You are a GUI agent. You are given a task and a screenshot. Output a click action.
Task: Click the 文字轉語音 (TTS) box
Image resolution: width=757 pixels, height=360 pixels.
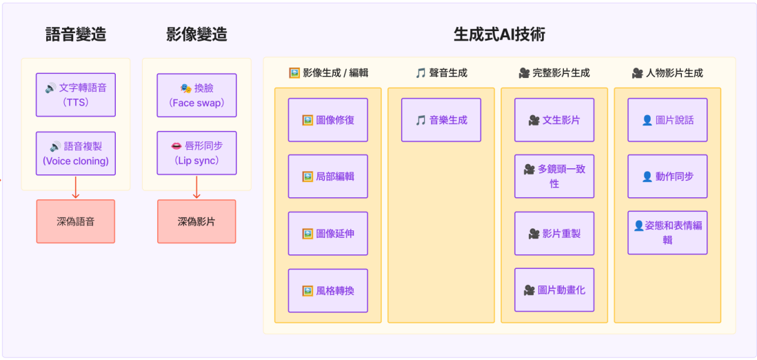pos(75,95)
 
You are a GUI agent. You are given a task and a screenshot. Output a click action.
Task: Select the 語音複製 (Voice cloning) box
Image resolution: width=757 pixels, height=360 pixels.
pos(75,153)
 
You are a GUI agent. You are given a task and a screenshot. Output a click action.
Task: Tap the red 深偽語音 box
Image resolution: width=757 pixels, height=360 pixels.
pos(75,221)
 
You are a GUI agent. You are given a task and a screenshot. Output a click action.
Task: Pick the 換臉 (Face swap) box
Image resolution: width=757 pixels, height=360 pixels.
pos(196,95)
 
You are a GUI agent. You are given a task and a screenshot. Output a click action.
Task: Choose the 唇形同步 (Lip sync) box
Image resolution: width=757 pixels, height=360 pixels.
pos(196,153)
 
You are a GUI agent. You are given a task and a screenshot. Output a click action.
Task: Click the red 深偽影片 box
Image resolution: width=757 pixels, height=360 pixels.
pos(196,221)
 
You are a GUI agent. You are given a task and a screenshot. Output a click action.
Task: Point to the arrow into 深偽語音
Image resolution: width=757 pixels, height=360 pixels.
pos(76,187)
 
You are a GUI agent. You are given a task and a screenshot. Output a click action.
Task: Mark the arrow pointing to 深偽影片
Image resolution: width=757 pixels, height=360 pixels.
pos(196,187)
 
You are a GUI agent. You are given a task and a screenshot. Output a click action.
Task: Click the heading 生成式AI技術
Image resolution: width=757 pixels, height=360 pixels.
pos(499,34)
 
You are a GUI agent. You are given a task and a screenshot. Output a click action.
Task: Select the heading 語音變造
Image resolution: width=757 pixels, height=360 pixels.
pos(75,34)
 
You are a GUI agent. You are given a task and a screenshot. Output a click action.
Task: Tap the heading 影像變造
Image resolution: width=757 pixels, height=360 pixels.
pos(196,34)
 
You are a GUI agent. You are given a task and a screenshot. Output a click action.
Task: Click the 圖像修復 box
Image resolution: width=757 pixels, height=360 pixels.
pos(327,120)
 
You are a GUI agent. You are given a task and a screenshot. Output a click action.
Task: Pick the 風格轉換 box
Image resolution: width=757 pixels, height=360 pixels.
pos(327,290)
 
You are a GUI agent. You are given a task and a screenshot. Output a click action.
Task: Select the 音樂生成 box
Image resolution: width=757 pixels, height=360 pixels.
pos(441,120)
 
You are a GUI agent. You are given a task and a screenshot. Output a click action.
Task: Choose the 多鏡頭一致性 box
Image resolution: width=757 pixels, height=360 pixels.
pos(554,177)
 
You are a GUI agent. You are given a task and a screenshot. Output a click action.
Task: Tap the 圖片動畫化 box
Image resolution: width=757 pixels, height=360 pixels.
pos(554,290)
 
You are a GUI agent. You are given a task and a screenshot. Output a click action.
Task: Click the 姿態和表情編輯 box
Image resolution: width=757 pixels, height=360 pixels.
pos(667,233)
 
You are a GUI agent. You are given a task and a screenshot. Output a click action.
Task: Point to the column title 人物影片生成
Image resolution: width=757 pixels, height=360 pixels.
pos(667,73)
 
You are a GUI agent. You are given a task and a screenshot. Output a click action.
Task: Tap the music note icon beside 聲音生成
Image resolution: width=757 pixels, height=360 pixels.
pos(421,73)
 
